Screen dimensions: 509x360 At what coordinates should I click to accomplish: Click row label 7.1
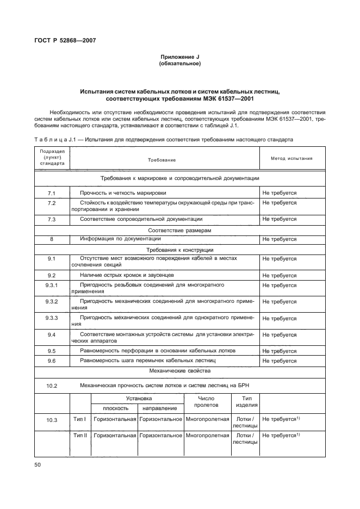52,193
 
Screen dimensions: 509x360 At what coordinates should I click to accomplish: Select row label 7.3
52,219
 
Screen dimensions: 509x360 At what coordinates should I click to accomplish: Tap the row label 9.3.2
52,301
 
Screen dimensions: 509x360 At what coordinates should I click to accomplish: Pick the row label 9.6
52,361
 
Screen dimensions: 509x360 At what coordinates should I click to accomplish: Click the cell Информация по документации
120,239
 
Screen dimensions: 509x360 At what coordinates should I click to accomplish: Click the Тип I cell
80,419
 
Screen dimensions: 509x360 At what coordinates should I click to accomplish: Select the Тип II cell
80,436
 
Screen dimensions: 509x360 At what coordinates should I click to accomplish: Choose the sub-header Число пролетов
207,402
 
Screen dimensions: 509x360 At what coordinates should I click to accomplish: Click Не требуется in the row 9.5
280,351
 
